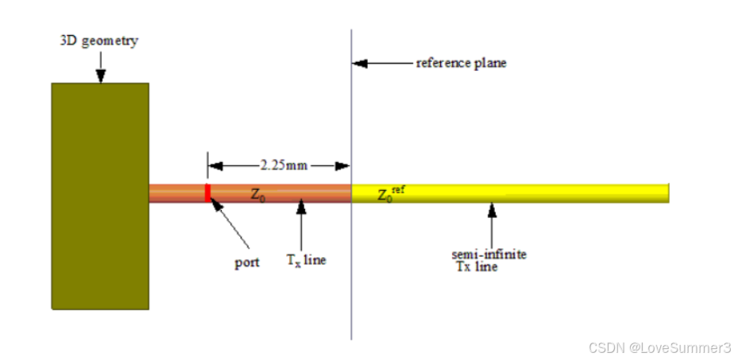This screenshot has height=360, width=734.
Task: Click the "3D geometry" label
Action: click(x=99, y=41)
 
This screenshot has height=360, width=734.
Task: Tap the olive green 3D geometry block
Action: click(x=99, y=195)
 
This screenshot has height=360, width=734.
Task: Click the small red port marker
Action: click(x=208, y=193)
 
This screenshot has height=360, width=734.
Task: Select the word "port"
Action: click(x=246, y=263)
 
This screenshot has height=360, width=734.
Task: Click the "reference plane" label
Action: click(x=461, y=63)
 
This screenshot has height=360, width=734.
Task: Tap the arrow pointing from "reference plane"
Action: click(x=381, y=64)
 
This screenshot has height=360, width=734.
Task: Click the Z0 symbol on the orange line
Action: click(x=258, y=193)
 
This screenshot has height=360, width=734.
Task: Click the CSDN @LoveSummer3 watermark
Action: click(x=658, y=347)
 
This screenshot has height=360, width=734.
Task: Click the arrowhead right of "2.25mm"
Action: click(x=342, y=166)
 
